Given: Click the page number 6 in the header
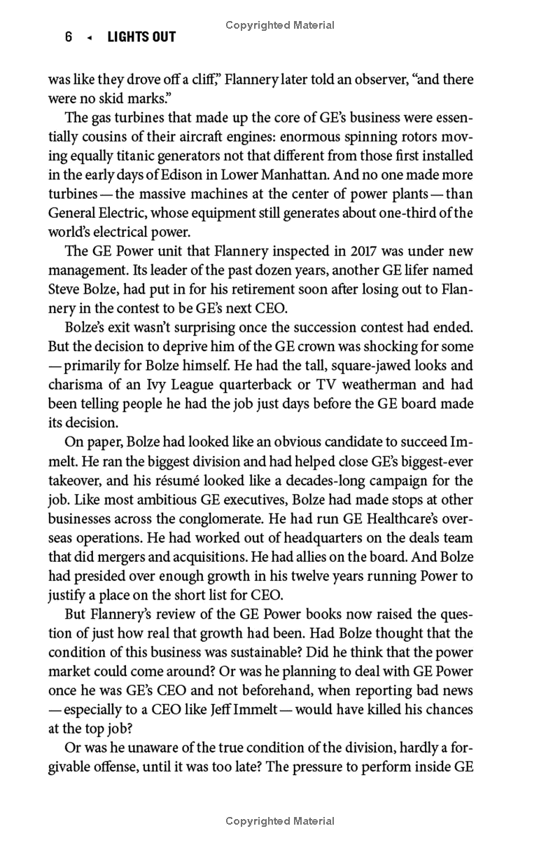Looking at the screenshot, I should point(69,37).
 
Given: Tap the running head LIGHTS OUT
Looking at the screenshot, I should point(141,37).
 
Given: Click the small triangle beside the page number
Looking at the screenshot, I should point(89,38).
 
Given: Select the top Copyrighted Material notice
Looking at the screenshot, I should point(280,25).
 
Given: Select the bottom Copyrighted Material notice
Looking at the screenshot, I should point(280,821).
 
